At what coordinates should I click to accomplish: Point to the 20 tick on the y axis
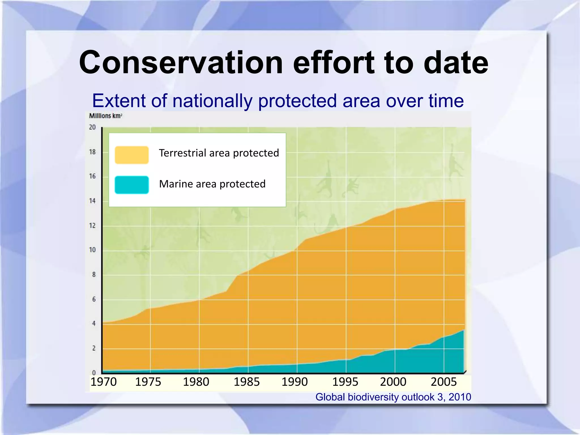(93, 127)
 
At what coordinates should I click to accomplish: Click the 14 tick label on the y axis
(93, 201)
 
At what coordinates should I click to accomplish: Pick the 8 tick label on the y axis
(94, 274)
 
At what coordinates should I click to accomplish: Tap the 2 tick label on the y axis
(94, 348)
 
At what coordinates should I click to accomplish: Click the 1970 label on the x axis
(103, 382)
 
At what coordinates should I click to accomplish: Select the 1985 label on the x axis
(246, 382)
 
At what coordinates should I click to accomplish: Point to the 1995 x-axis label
(345, 382)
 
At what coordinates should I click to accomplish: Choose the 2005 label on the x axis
(443, 382)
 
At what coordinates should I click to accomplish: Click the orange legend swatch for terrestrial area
(132, 155)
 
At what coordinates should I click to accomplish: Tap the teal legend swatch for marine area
(132, 185)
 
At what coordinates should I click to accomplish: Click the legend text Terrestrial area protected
(219, 153)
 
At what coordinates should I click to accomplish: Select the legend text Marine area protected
(212, 184)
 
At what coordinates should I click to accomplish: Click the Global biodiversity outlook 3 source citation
(393, 397)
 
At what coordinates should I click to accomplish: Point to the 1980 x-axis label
(196, 382)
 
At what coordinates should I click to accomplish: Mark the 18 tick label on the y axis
(93, 152)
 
